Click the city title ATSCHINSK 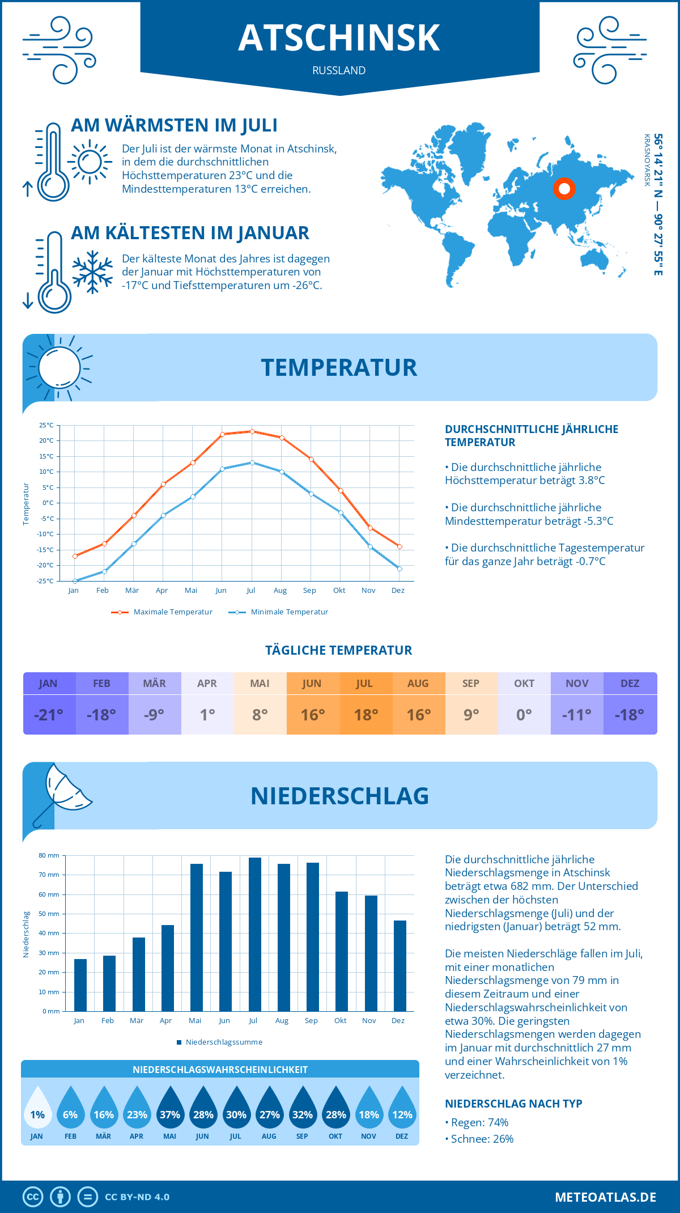click(339, 38)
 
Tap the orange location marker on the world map click(564, 189)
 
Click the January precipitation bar click(80, 985)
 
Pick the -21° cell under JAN click(49, 715)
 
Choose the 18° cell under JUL click(365, 715)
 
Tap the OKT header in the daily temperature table click(524, 683)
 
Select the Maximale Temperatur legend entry click(162, 612)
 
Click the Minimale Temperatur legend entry click(279, 612)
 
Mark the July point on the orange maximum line click(252, 431)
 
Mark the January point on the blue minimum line click(75, 581)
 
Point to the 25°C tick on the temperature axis click(46, 425)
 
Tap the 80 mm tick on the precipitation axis click(49, 855)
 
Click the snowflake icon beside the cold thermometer click(92, 272)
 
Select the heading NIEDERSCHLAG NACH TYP click(513, 1104)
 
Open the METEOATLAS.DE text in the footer click(605, 1197)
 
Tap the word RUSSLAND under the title click(339, 70)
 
